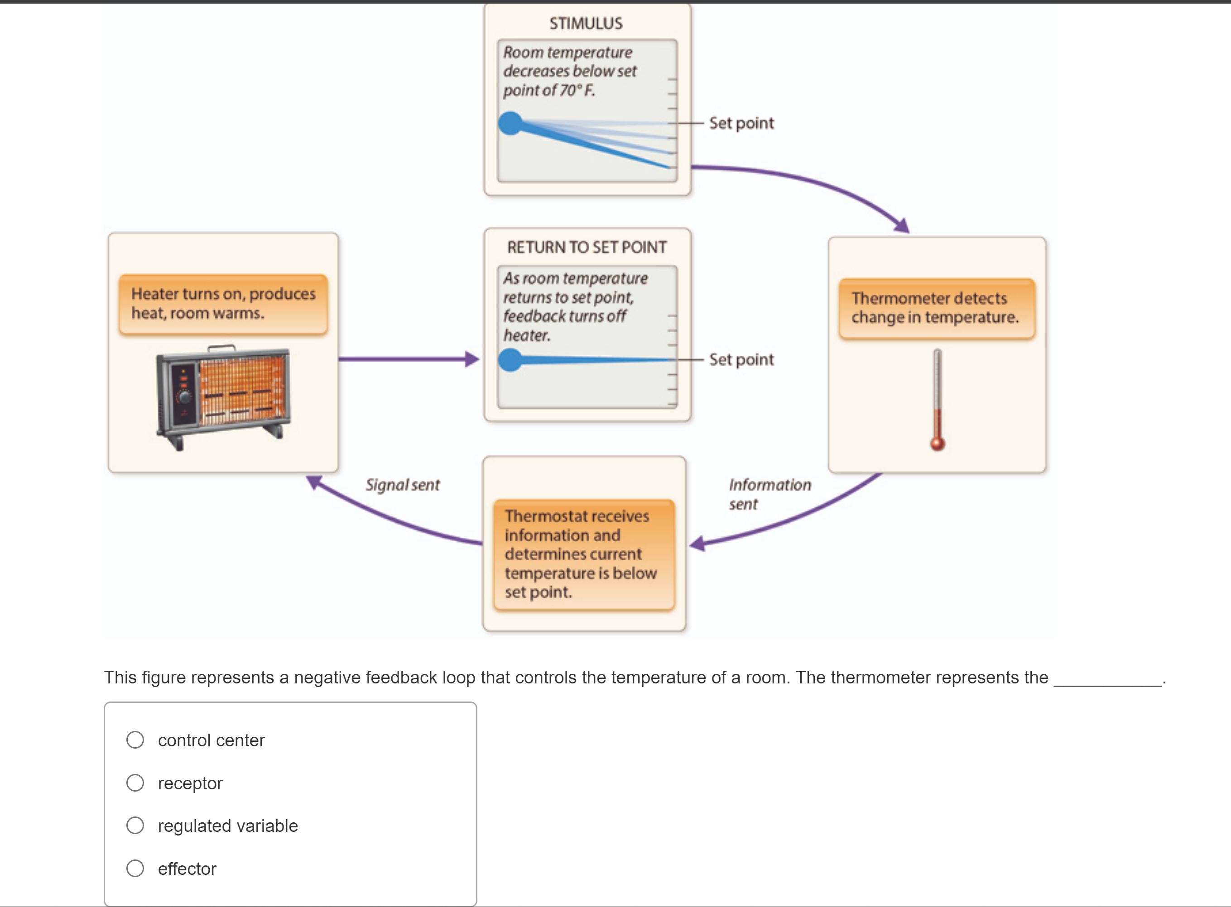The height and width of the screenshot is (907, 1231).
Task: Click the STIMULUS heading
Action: pyautogui.click(x=586, y=24)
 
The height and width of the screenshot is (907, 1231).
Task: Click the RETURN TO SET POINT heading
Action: pyautogui.click(x=587, y=248)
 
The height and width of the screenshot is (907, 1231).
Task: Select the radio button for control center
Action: pyautogui.click(x=135, y=740)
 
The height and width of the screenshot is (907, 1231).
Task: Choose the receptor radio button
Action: pyautogui.click(x=135, y=783)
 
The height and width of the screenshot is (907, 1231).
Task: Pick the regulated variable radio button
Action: pyautogui.click(x=135, y=825)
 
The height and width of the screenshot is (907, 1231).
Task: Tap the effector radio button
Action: pyautogui.click(x=135, y=868)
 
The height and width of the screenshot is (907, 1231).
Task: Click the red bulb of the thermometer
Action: pyautogui.click(x=937, y=444)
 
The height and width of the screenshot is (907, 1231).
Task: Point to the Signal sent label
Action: pyautogui.click(x=403, y=485)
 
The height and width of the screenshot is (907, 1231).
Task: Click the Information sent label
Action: pyautogui.click(x=769, y=494)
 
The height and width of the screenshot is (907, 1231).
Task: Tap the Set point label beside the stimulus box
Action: pyautogui.click(x=741, y=123)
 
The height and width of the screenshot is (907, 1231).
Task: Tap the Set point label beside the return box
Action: pyautogui.click(x=741, y=360)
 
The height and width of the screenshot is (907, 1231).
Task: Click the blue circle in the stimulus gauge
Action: pyautogui.click(x=510, y=123)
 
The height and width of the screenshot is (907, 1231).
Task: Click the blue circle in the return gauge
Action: pyautogui.click(x=510, y=360)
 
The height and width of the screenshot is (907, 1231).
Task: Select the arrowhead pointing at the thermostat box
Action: pyautogui.click(x=697, y=544)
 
